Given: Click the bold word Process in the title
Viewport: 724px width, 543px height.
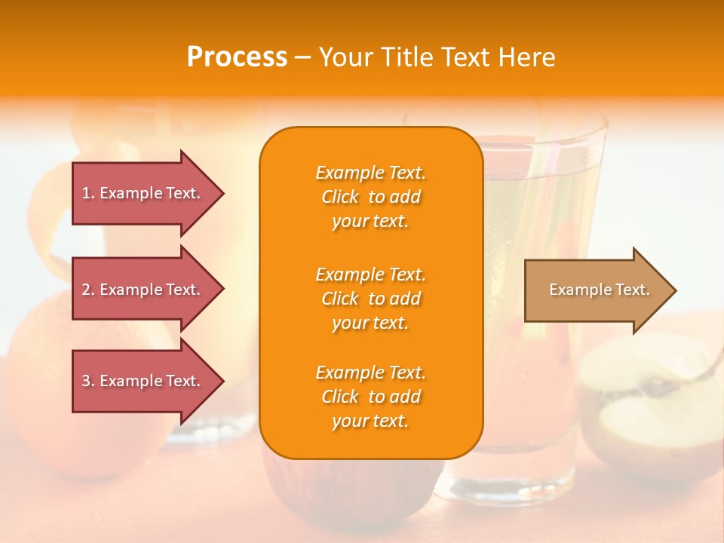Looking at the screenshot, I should click(x=237, y=57).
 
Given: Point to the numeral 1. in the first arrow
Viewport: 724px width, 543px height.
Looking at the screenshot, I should click(x=88, y=194).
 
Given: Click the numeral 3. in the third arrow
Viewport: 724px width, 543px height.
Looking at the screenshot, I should click(x=88, y=382).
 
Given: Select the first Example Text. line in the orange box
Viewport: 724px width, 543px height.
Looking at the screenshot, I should click(x=370, y=173).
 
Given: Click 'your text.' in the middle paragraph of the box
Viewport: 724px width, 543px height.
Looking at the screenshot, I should click(x=370, y=323).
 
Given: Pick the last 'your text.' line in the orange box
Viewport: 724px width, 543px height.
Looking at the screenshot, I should click(x=370, y=421).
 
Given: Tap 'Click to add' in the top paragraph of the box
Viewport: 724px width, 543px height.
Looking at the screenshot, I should click(x=370, y=197).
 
